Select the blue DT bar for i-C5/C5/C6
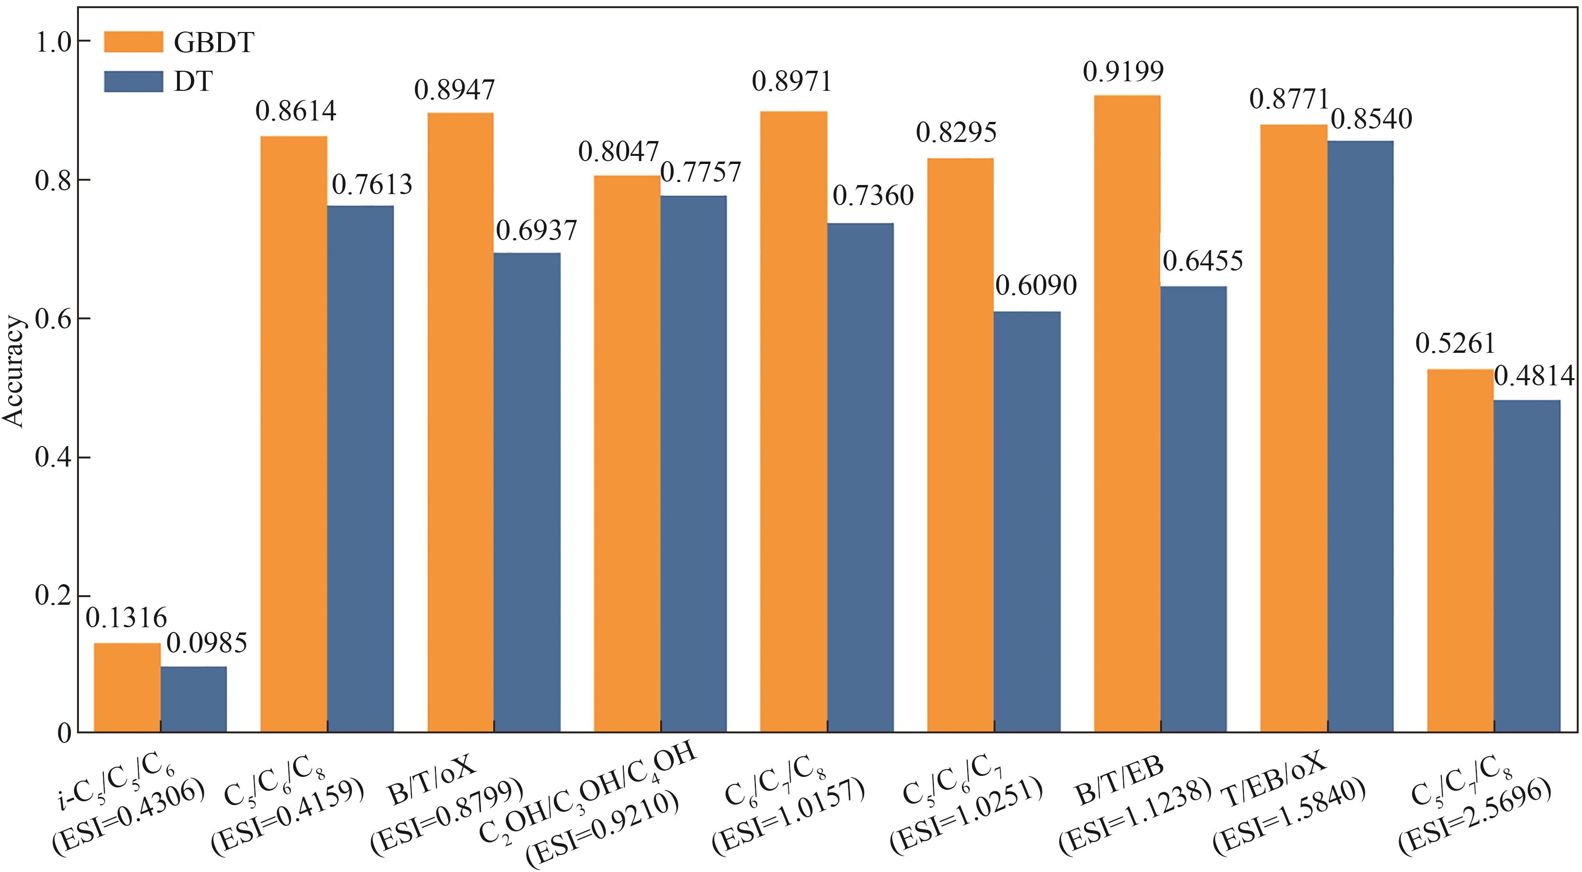[x=193, y=699]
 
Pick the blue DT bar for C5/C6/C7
[x=1027, y=522]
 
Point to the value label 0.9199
[x=1123, y=72]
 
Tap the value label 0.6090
[x=1036, y=286]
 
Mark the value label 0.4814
[x=1534, y=376]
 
